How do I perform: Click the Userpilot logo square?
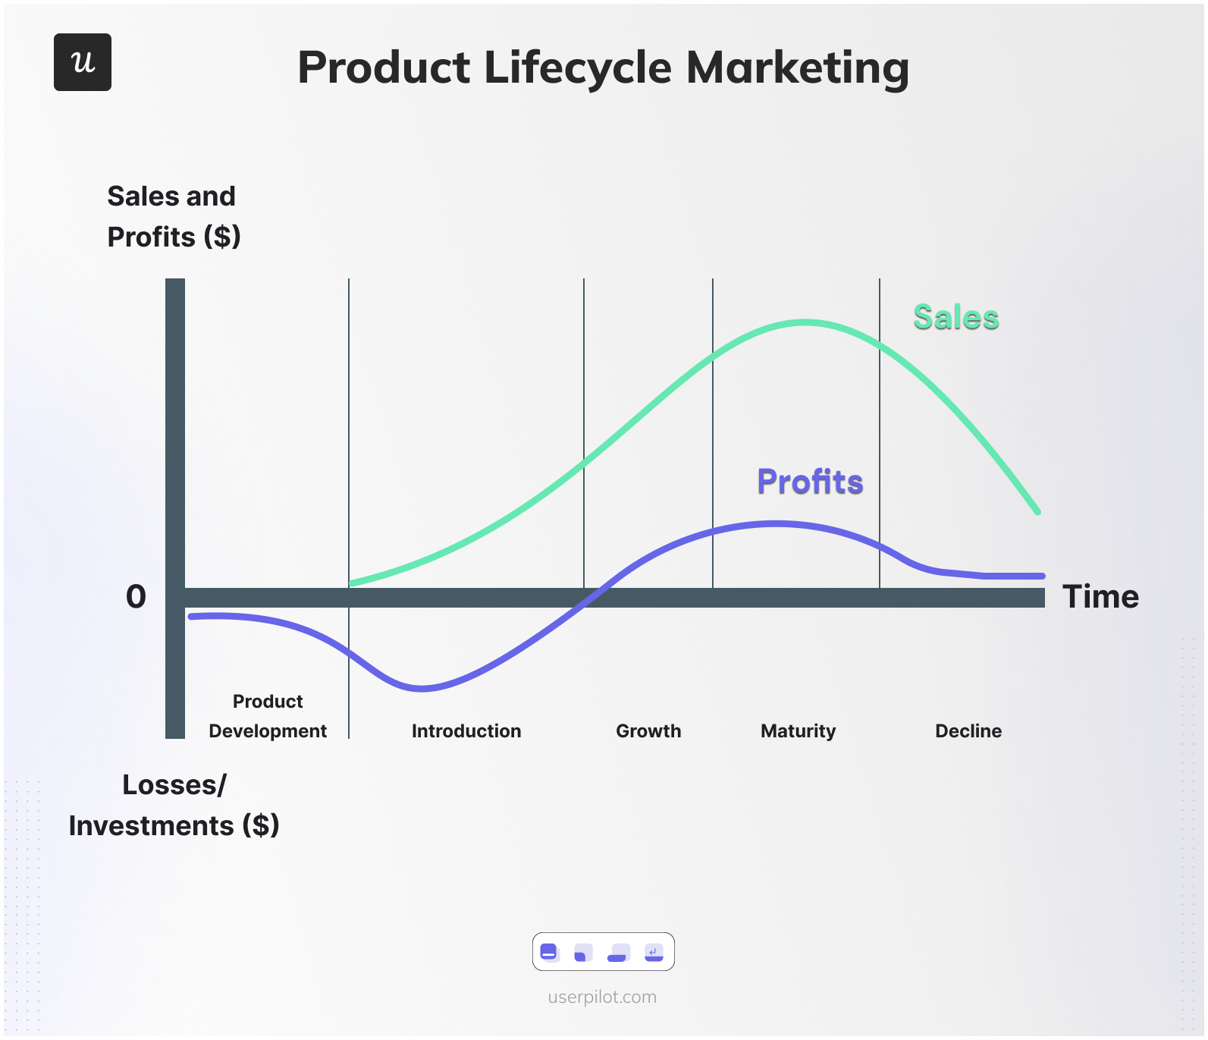83,62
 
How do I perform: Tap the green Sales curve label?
955,317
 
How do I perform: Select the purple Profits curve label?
810,482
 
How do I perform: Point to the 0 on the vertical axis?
136,597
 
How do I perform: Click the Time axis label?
1100,597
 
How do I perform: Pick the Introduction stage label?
466,731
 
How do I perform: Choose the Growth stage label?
648,731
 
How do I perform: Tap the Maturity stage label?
798,731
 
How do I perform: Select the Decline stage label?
968,731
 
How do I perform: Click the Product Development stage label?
268,716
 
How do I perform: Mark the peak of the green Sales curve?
805,322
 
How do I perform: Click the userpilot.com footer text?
602,997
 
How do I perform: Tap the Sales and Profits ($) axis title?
174,217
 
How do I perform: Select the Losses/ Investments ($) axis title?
174,805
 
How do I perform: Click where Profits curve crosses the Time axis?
595,597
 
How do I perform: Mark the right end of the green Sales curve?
1037,512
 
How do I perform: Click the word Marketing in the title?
798,68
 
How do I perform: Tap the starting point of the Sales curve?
351,583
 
